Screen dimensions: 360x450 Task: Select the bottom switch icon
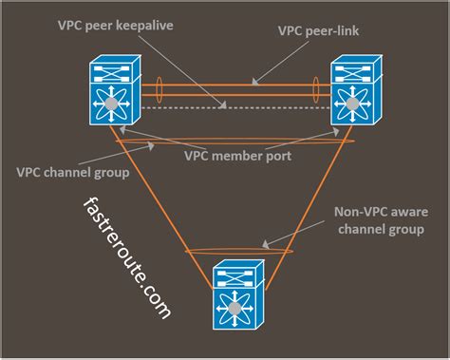pos(234,294)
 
